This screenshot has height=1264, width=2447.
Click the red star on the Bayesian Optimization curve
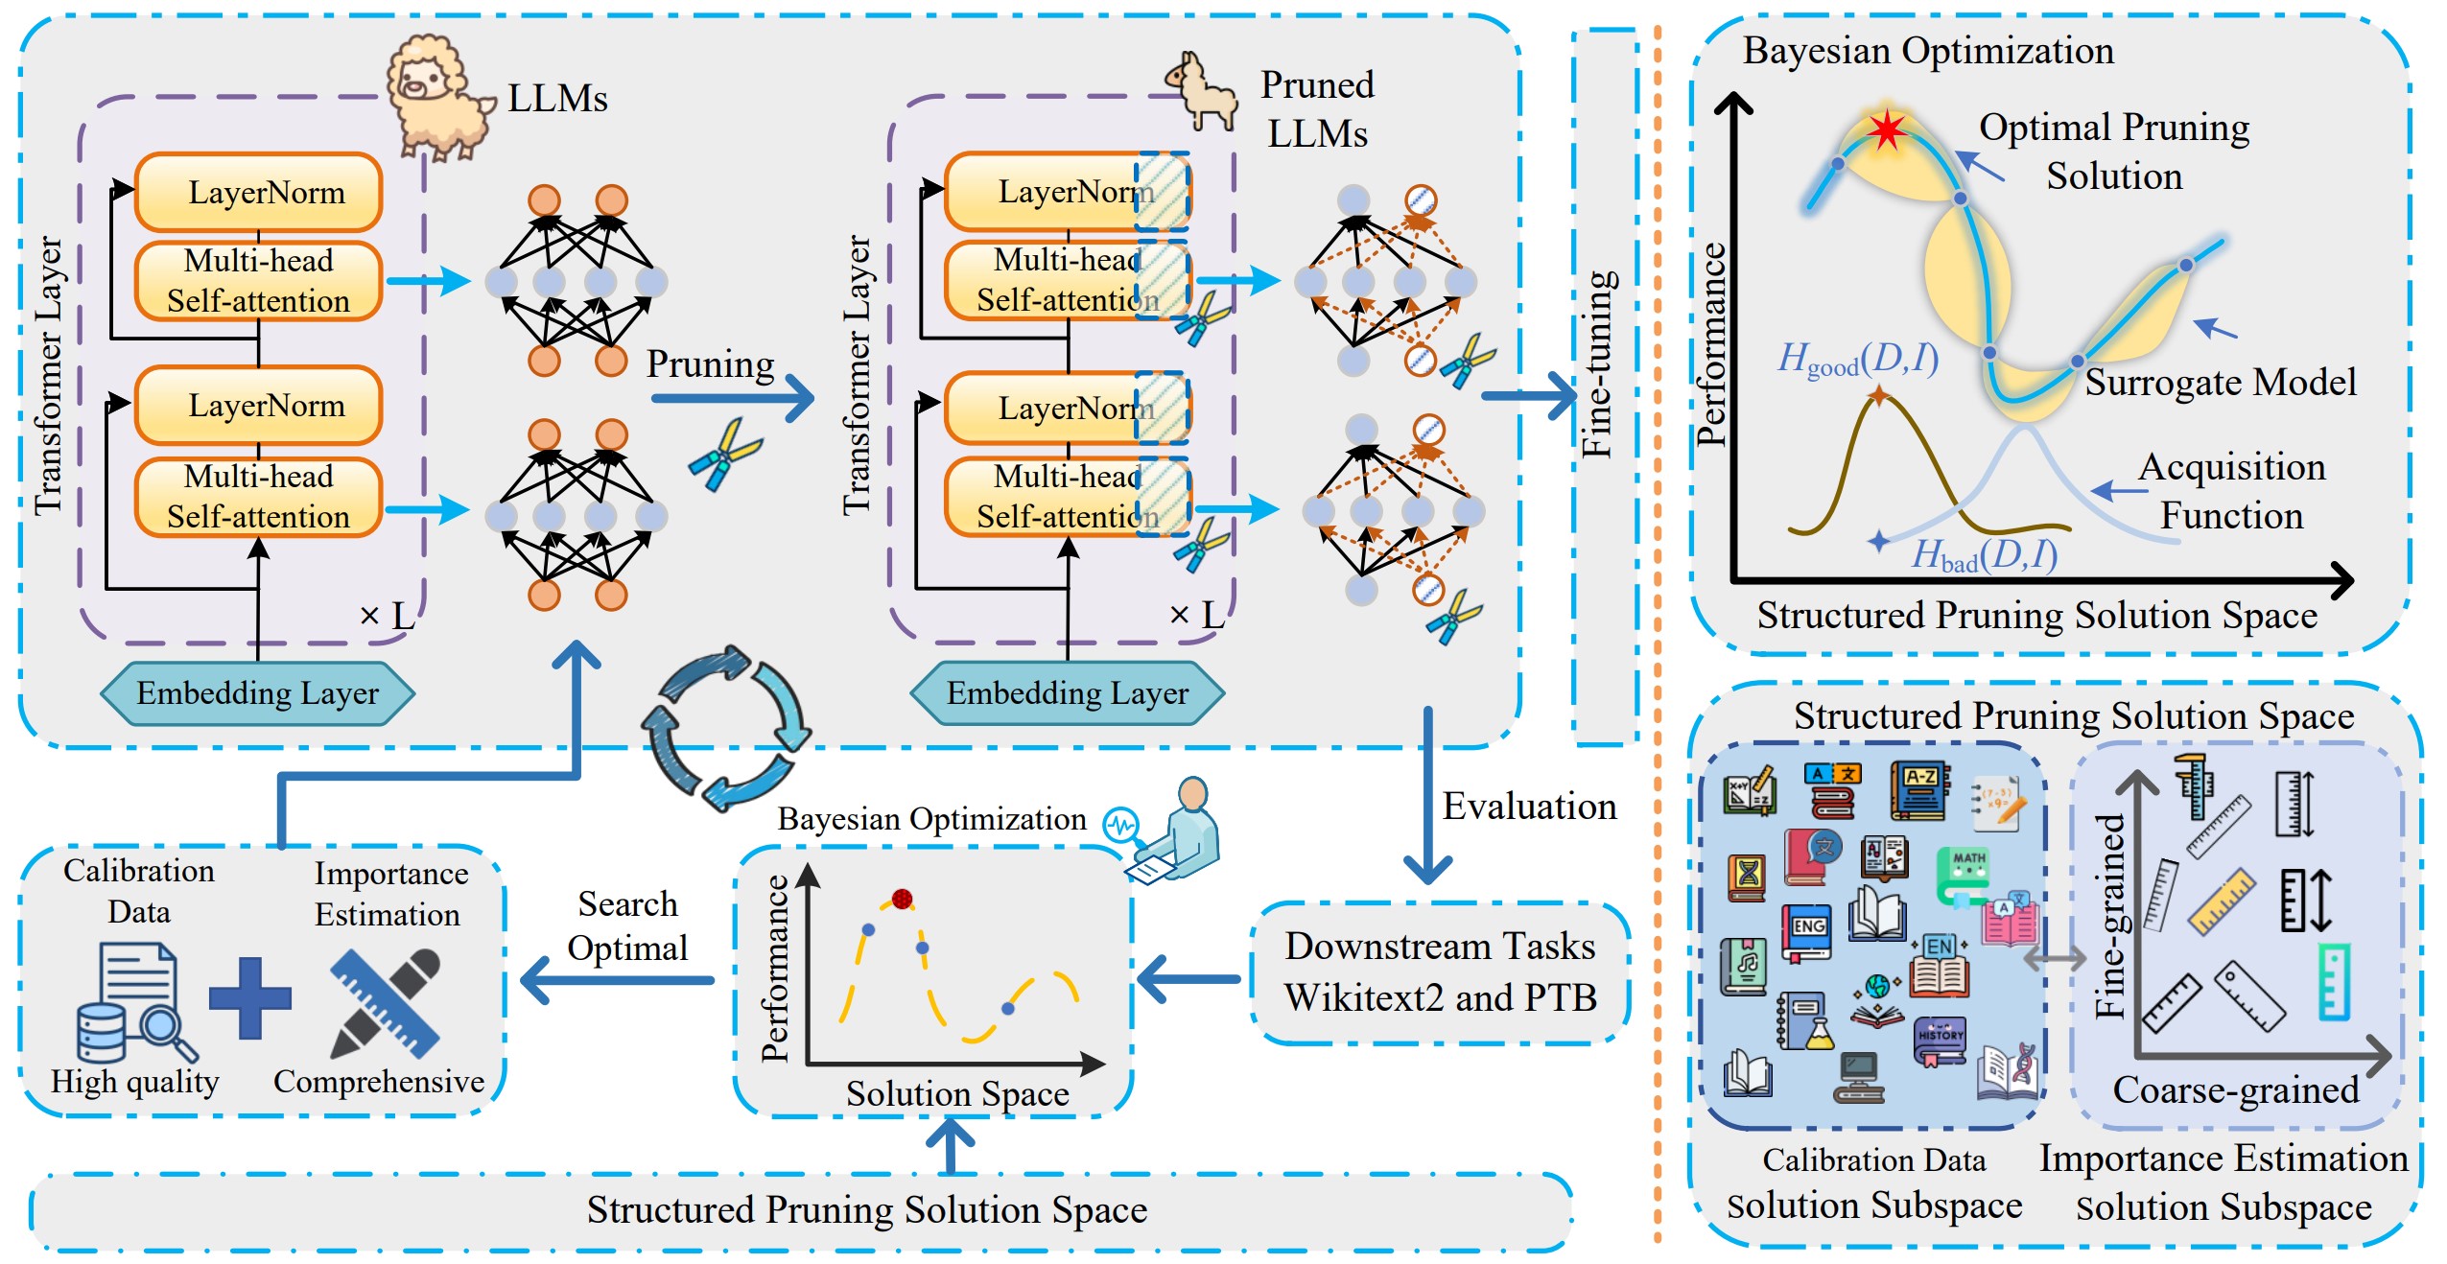[x=1887, y=129]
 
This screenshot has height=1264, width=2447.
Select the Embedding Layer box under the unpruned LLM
[x=257, y=692]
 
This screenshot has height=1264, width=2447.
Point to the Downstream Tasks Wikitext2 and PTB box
[x=1440, y=971]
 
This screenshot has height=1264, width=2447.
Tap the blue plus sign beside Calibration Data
[x=249, y=997]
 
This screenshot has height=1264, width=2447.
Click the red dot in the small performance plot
[x=902, y=899]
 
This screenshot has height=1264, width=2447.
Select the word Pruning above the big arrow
[x=710, y=364]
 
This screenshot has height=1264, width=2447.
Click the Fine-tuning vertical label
[x=1598, y=364]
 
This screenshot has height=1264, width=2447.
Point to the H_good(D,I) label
[x=1857, y=360]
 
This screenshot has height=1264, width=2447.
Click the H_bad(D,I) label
[x=1984, y=554]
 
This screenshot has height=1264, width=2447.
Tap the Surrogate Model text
[x=2220, y=382]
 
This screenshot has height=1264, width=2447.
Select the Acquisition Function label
[x=2231, y=491]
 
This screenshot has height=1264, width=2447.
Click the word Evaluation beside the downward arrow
[x=1529, y=807]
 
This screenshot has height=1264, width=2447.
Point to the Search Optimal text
[x=627, y=925]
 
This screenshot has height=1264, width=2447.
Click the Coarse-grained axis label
[x=2235, y=1089]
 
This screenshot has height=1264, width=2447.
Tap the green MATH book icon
[x=1967, y=873]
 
